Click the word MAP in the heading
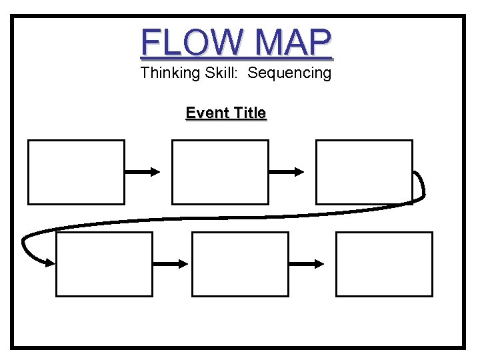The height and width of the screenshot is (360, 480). click(293, 43)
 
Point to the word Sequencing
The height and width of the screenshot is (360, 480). click(289, 73)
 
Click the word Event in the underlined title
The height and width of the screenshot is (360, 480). click(205, 113)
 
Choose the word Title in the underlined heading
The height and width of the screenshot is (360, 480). click(247, 113)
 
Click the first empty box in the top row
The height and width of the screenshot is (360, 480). click(76, 171)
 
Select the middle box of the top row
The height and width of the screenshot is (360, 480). click(220, 171)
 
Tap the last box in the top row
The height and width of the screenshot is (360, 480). click(364, 171)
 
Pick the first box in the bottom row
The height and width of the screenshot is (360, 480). click(104, 264)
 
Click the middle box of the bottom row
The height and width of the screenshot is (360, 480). click(240, 264)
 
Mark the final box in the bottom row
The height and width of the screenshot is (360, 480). click(384, 264)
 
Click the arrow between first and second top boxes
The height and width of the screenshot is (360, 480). click(143, 172)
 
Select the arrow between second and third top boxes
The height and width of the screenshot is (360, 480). click(287, 172)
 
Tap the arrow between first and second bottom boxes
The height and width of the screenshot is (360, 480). click(171, 264)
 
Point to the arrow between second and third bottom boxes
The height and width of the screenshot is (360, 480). click(307, 264)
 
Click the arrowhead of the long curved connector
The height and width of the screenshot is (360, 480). click(49, 263)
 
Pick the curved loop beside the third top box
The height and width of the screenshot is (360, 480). click(419, 187)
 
